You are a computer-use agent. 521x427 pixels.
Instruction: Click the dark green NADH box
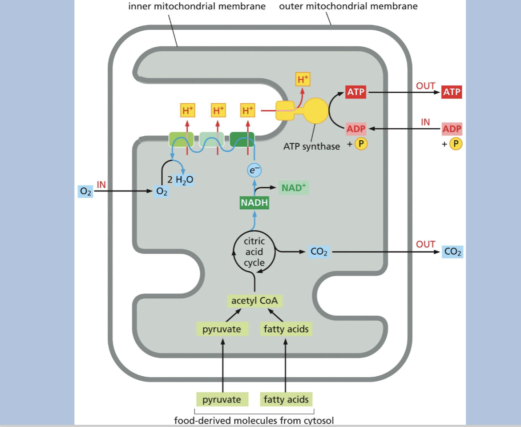(x=254, y=203)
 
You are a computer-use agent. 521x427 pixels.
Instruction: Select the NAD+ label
(x=294, y=188)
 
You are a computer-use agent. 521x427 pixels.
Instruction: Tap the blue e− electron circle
(x=254, y=170)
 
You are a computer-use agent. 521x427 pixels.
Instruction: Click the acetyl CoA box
(x=254, y=301)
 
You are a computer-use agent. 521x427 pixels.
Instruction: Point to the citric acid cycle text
(x=254, y=252)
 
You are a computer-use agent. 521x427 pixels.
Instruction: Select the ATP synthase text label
(x=311, y=146)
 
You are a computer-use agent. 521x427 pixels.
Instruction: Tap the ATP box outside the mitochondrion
(x=452, y=93)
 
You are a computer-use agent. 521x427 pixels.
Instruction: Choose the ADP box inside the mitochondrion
(x=356, y=129)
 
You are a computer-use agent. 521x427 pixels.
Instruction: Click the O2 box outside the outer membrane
(x=85, y=191)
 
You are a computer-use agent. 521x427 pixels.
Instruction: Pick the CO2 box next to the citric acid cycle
(x=319, y=252)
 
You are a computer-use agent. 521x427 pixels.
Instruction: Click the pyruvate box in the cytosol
(x=222, y=399)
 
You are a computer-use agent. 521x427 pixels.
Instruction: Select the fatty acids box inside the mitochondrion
(x=286, y=329)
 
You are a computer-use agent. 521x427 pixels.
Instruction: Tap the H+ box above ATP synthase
(x=303, y=80)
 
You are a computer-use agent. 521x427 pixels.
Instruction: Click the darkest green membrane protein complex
(x=242, y=139)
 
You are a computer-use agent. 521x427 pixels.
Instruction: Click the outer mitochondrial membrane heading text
(x=348, y=6)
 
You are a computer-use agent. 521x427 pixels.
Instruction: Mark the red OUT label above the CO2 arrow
(x=425, y=244)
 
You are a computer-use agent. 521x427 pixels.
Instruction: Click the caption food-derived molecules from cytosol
(x=254, y=420)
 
